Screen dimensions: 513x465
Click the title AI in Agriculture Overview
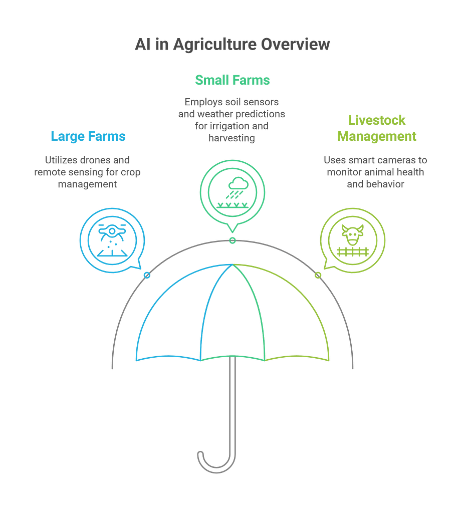[232, 45]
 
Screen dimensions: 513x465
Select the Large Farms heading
[88, 136]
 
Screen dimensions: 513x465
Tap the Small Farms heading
[232, 80]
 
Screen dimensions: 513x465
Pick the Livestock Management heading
[377, 128]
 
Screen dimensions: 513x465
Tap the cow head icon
[352, 234]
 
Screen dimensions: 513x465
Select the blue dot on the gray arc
[147, 275]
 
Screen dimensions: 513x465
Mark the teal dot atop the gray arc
[232, 241]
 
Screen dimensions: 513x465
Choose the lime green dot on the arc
[318, 275]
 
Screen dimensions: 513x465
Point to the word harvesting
[232, 138]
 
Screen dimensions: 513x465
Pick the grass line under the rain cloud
[232, 204]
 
